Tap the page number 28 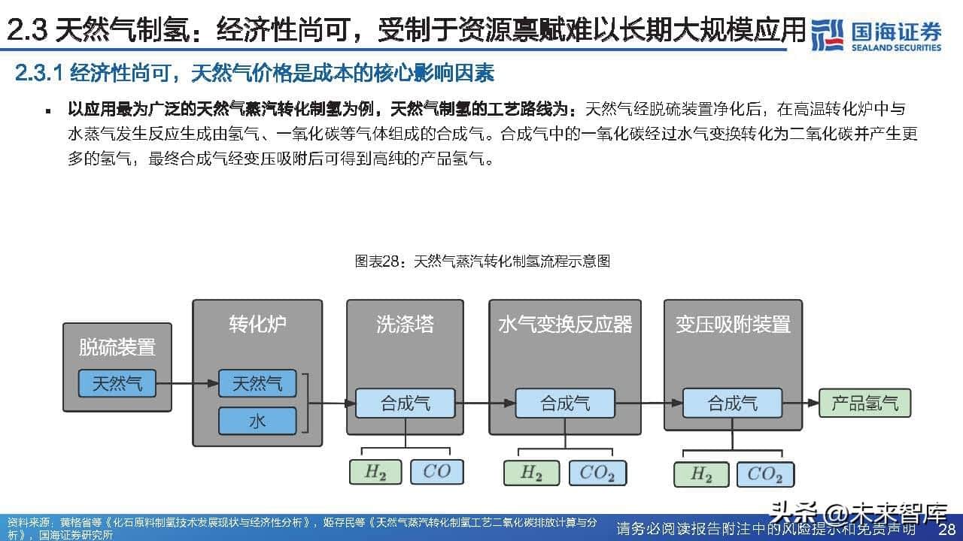coord(946,529)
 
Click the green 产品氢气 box coord(864,403)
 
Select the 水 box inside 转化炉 coord(257,421)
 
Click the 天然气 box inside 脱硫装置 coord(117,383)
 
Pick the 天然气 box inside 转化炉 coord(257,383)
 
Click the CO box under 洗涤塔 coord(437,472)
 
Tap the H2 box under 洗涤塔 coord(375,472)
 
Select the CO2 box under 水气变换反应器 coord(597,473)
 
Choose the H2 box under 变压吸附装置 coord(701,474)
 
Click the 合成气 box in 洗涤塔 coord(405,403)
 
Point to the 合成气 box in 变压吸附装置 coord(732,403)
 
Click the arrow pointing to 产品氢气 coord(800,403)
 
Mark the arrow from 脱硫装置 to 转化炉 coord(187,383)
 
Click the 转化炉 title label coord(257,324)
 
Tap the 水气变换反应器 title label coord(565,324)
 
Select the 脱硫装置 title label coord(117,347)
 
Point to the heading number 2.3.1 coord(40,73)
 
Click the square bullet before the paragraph coord(48,111)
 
